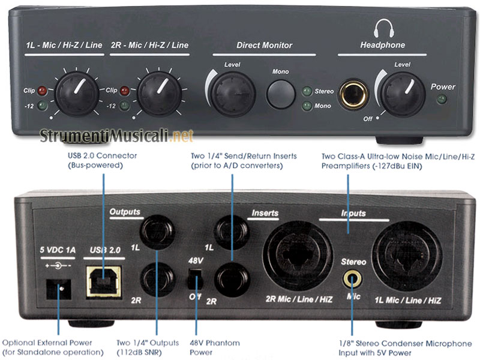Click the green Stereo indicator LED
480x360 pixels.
[307, 91]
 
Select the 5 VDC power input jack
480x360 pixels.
[59, 292]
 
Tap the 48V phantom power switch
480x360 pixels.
[193, 278]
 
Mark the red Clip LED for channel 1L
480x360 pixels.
[41, 91]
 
